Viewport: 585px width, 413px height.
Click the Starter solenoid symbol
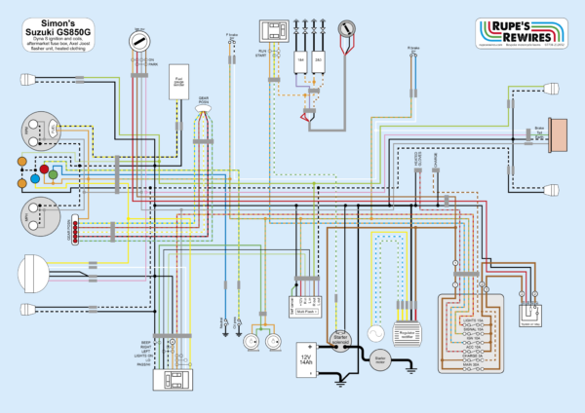click(x=341, y=336)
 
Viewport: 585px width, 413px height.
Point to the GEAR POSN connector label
click(x=203, y=100)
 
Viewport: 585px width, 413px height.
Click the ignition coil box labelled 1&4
click(x=299, y=60)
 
